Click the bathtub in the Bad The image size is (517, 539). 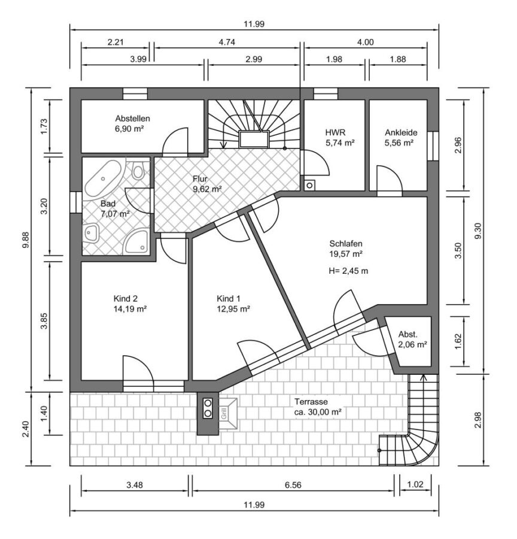(102, 180)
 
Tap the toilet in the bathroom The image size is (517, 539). (138, 170)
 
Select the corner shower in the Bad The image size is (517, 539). (136, 243)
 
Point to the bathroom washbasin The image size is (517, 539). (91, 233)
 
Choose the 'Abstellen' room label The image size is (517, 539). (133, 119)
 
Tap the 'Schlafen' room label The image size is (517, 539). (346, 244)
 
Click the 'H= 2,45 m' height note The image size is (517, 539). (348, 271)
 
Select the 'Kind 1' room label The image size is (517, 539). (229, 298)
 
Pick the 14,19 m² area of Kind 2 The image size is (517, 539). (130, 308)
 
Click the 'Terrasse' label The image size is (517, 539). (311, 401)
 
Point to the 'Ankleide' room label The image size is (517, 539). (401, 132)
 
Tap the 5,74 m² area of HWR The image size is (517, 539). (340, 143)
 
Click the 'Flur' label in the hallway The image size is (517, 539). (200, 178)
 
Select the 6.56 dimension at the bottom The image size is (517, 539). (293, 485)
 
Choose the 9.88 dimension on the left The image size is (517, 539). (26, 241)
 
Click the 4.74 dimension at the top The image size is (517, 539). (227, 43)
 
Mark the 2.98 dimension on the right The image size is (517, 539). (478, 420)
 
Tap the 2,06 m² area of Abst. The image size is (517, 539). (412, 344)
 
